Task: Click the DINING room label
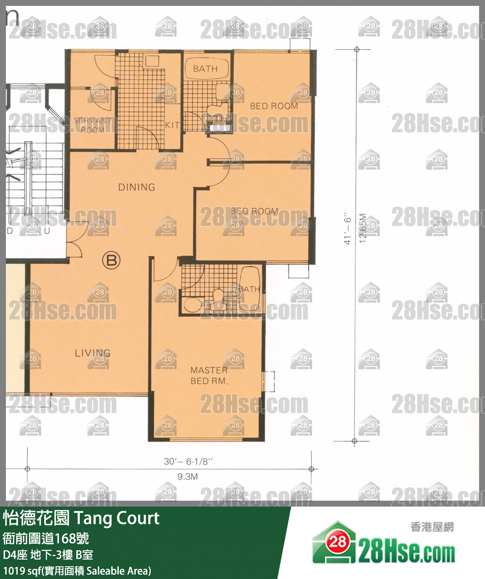click(x=137, y=187)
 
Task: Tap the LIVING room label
click(x=92, y=353)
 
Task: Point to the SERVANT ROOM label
click(x=92, y=125)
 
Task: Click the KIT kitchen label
click(x=172, y=125)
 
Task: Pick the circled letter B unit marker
click(x=111, y=260)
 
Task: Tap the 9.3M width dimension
click(x=188, y=477)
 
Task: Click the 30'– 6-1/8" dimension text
click(x=188, y=461)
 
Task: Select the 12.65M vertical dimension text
click(x=363, y=228)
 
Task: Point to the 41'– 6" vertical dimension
click(x=348, y=229)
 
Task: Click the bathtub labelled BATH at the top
click(x=206, y=69)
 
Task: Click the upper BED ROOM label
click(x=274, y=106)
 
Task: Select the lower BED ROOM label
click(x=254, y=211)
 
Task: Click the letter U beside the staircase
click(x=47, y=231)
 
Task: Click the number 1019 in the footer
click(x=14, y=571)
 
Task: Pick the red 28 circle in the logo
click(x=337, y=541)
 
